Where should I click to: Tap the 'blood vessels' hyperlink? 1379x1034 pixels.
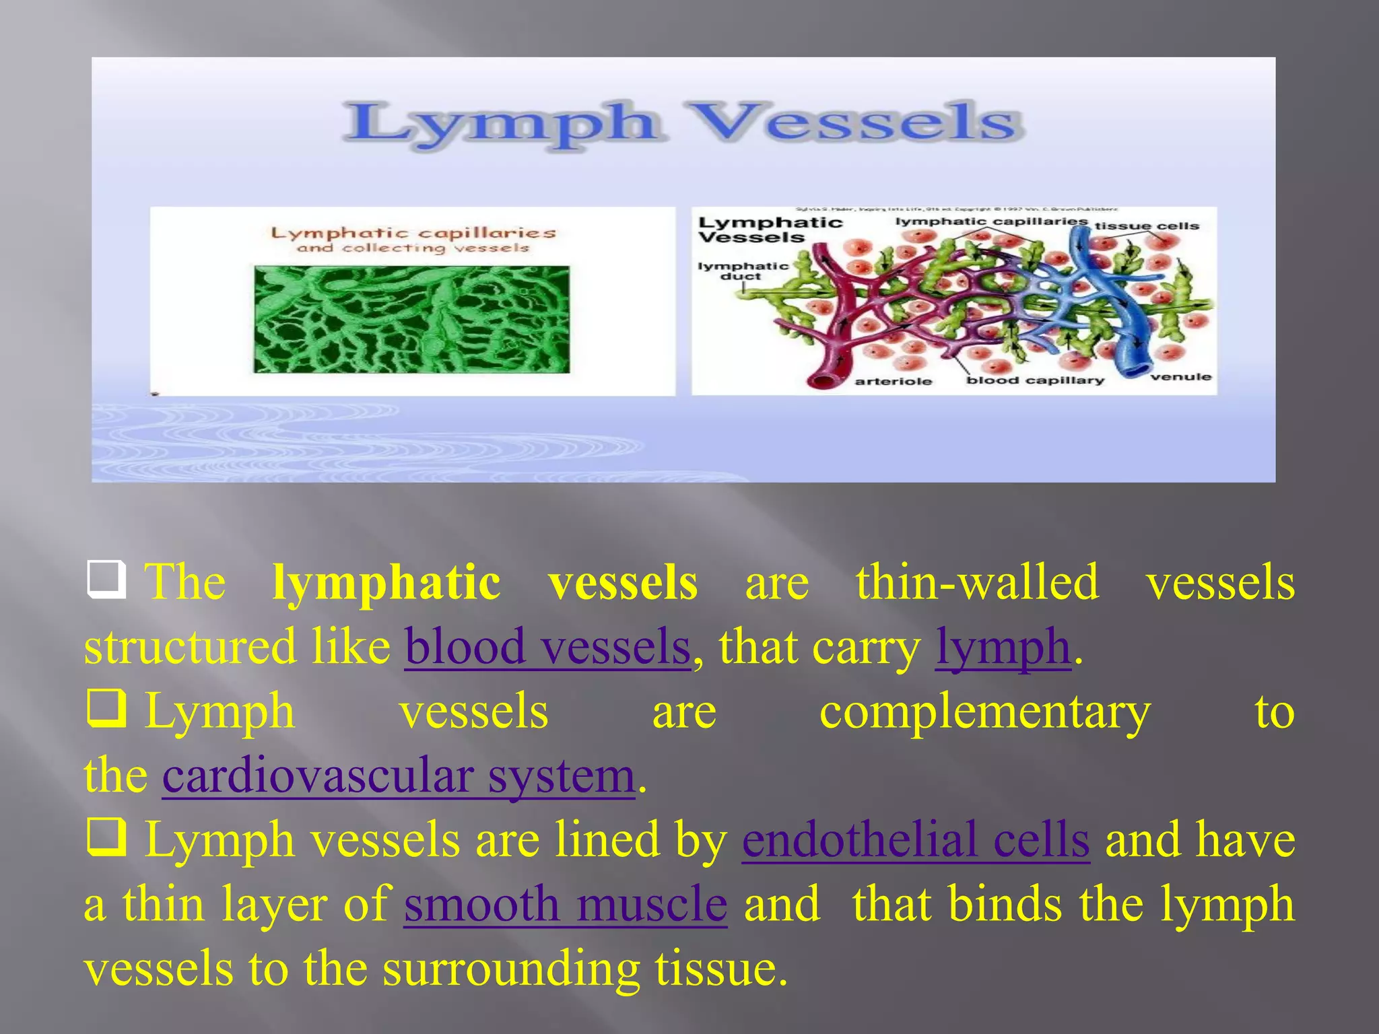click(x=547, y=647)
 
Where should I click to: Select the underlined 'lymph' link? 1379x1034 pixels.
click(x=1003, y=647)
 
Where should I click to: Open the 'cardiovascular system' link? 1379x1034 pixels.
click(x=399, y=776)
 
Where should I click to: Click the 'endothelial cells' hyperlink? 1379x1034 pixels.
click(x=916, y=840)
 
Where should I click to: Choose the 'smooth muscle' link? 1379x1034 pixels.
click(x=566, y=904)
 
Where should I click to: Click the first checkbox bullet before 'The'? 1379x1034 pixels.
click(x=106, y=580)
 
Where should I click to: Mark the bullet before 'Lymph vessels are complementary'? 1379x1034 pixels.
click(x=106, y=710)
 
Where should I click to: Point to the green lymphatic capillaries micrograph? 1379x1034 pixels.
click(x=411, y=319)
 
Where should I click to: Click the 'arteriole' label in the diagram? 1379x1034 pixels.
click(x=893, y=381)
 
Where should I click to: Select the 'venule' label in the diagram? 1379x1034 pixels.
click(x=1180, y=376)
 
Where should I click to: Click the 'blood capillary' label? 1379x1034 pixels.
click(x=1035, y=380)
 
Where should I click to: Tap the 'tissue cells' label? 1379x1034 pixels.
click(x=1147, y=226)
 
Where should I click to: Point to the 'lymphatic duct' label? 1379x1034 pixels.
click(x=742, y=271)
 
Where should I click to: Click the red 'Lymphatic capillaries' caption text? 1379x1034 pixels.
click(x=413, y=233)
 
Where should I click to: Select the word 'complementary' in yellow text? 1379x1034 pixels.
click(x=984, y=712)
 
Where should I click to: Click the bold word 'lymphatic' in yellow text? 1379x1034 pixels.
click(x=386, y=582)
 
